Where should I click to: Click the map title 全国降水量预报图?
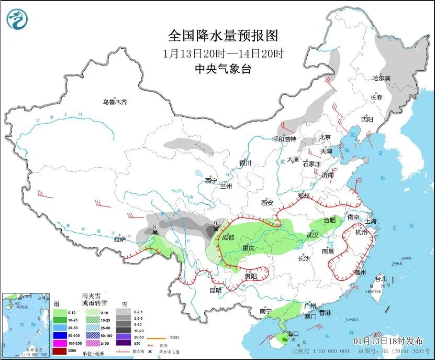(x=222, y=35)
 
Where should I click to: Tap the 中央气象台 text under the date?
(x=222, y=69)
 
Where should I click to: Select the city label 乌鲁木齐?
(x=115, y=102)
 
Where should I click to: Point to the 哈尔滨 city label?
(x=381, y=78)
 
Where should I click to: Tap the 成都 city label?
(x=228, y=237)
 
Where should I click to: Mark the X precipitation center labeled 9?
(x=216, y=229)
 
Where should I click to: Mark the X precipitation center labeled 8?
(x=154, y=232)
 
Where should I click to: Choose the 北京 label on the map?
(x=325, y=138)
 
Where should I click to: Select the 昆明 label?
(x=216, y=290)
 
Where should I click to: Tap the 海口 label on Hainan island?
(x=292, y=334)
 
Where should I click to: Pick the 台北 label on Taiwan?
(x=381, y=279)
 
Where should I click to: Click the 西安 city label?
(x=267, y=203)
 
